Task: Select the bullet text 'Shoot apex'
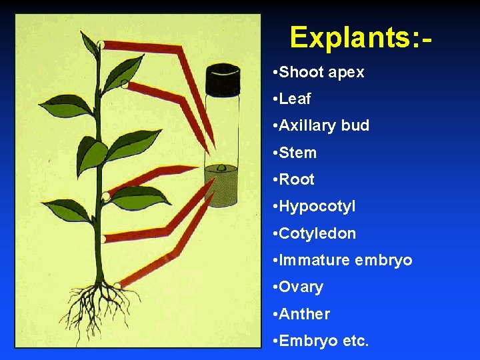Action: point(321,72)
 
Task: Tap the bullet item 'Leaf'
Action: point(295,99)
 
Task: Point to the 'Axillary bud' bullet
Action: point(324,126)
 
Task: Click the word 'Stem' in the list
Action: point(297,153)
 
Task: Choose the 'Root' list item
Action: point(297,179)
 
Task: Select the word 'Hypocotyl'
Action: point(317,207)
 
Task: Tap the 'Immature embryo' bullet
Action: point(345,260)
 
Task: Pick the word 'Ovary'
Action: point(301,287)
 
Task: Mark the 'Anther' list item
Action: point(304,314)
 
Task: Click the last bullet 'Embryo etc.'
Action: point(323,341)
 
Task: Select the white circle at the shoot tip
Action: point(100,45)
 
